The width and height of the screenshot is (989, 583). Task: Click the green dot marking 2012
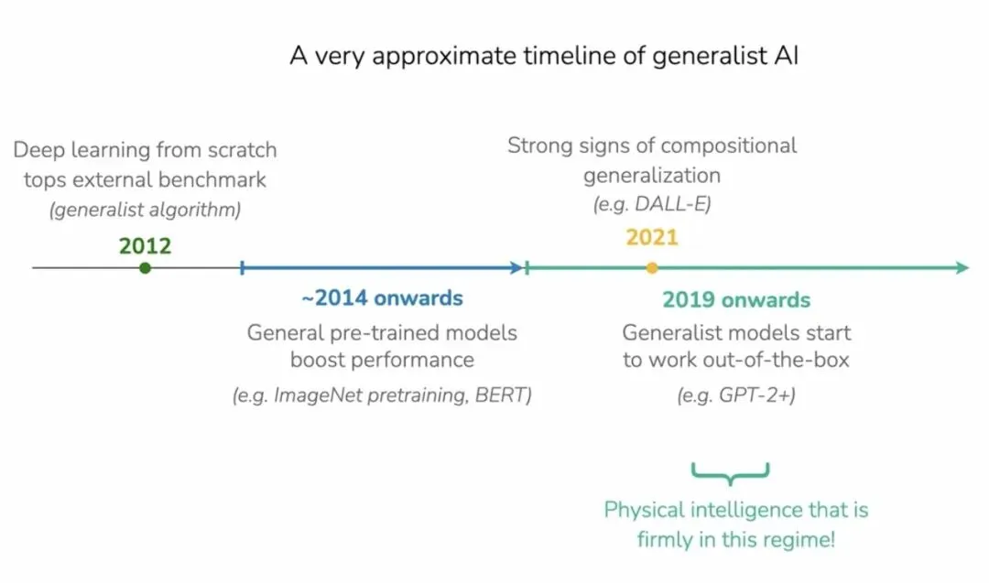(145, 268)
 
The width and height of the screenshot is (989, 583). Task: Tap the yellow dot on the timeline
(652, 268)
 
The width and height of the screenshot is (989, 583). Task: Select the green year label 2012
(145, 246)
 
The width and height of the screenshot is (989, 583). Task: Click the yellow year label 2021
(652, 238)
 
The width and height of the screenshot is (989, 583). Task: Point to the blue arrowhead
(516, 268)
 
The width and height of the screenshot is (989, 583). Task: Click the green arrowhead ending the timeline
(962, 268)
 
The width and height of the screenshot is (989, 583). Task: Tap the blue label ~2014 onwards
(382, 298)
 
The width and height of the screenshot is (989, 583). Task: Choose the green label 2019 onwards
(736, 300)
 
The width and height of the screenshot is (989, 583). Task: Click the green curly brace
(731, 472)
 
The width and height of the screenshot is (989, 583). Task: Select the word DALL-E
(673, 204)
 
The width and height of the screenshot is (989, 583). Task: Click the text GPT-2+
(757, 395)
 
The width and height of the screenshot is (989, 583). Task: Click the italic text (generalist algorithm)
(145, 210)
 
